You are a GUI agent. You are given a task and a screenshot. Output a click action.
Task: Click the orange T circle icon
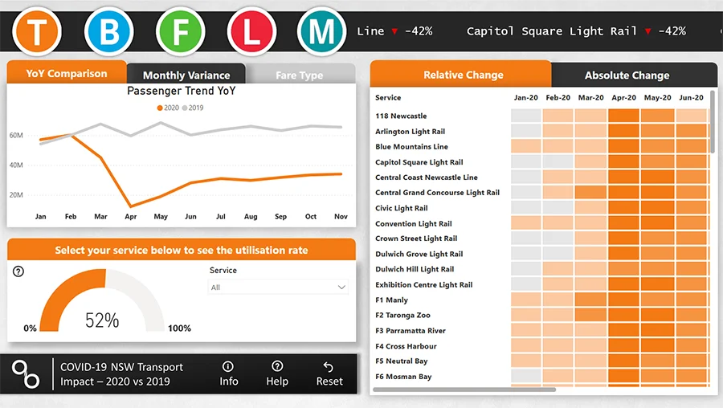click(x=35, y=32)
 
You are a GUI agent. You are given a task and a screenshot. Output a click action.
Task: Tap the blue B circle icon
click(x=108, y=32)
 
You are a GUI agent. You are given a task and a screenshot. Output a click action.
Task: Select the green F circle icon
click(x=182, y=32)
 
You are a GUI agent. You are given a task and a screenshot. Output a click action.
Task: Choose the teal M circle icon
click(x=321, y=32)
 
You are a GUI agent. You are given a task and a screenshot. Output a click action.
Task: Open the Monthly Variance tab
click(x=186, y=75)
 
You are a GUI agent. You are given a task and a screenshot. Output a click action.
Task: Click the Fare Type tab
click(x=299, y=75)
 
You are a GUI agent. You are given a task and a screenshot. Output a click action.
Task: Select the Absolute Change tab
click(x=627, y=75)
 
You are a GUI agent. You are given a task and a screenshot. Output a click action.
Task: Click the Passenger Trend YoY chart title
click(x=182, y=92)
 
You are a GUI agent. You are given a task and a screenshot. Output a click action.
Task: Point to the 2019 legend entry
click(x=192, y=107)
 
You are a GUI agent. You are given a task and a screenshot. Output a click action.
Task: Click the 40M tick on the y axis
click(x=16, y=165)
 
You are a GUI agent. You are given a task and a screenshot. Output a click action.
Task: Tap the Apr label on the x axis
click(x=130, y=217)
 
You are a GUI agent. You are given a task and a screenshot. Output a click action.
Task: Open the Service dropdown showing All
click(x=278, y=288)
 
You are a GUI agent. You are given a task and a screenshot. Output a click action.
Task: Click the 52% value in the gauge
click(x=102, y=320)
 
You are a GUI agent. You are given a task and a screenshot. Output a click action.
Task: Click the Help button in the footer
click(x=277, y=373)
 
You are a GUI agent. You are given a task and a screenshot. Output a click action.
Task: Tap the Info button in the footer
click(x=229, y=373)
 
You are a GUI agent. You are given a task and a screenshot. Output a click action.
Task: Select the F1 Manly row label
click(x=391, y=300)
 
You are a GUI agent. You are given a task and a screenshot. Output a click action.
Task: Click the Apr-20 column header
click(x=623, y=97)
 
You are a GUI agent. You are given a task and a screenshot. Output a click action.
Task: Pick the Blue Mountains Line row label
click(x=411, y=147)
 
